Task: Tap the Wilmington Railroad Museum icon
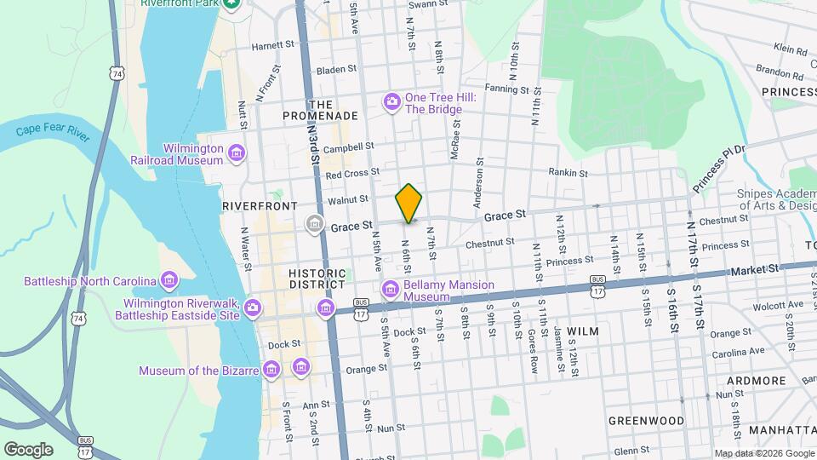[237, 153]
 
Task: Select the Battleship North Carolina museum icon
[169, 280]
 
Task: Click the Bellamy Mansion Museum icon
[391, 289]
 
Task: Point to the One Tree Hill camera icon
[391, 103]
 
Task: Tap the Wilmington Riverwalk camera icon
[253, 308]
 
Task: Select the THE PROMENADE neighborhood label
[319, 109]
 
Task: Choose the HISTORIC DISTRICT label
[317, 279]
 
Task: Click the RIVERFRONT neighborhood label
[260, 206]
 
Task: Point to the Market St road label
[756, 269]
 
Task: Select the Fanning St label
[507, 89]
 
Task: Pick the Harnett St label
[272, 44]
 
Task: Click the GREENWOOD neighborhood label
[646, 421]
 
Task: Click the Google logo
[28, 449]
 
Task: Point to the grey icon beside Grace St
[315, 225]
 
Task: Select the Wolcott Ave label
[782, 304]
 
